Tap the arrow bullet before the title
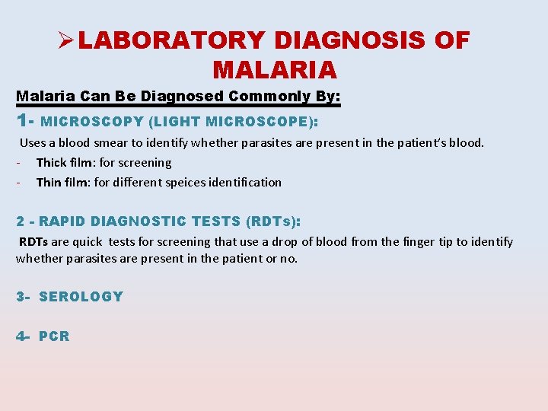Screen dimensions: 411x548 tap(65, 40)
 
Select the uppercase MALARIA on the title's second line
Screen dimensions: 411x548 tap(275, 70)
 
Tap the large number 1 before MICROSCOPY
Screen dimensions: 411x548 tap(22, 120)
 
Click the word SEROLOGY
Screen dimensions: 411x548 tap(81, 297)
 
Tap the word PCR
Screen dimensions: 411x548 tap(54, 336)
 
